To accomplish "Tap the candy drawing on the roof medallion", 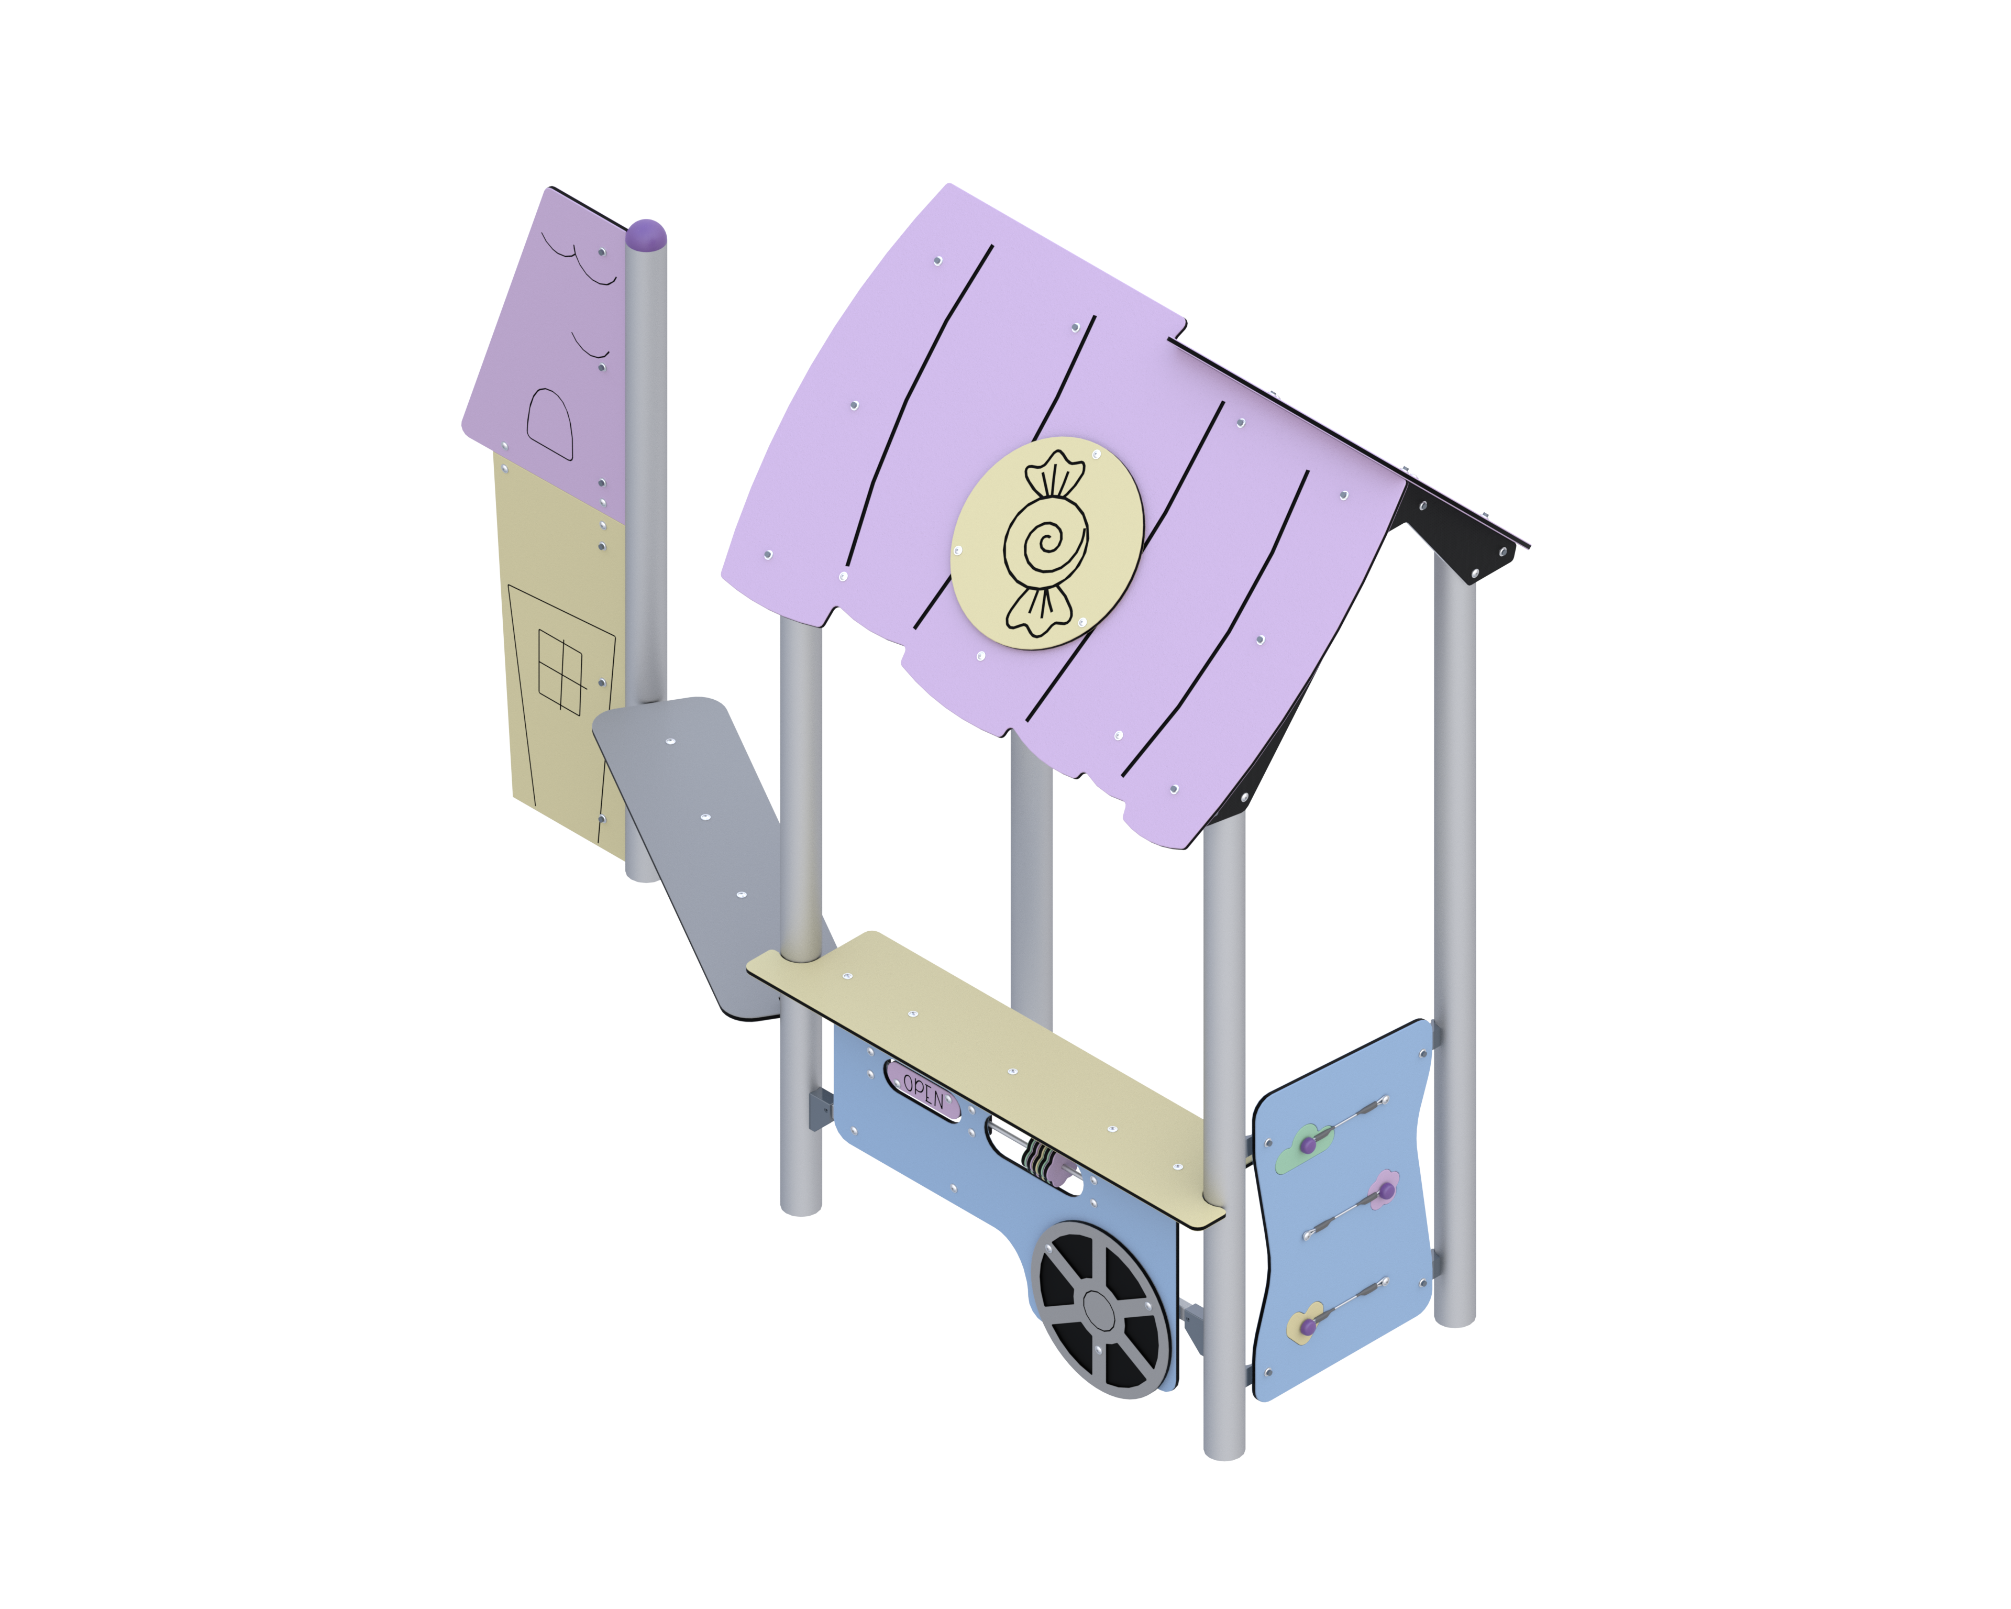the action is coord(1046,543).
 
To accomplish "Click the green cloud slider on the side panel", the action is coord(1302,1147).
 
